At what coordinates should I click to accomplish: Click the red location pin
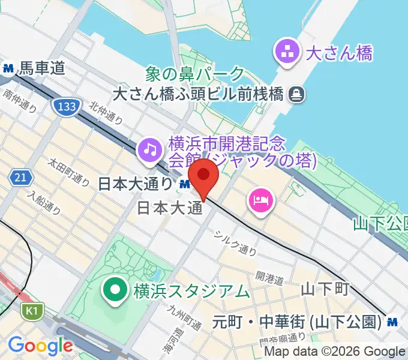(x=204, y=176)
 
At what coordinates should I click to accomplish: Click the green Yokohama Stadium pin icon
(x=114, y=290)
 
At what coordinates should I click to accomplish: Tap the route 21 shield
(x=19, y=177)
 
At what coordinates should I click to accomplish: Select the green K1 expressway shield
(x=30, y=311)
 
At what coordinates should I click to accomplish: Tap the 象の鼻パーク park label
(x=196, y=74)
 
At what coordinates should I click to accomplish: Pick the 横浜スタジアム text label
(x=191, y=292)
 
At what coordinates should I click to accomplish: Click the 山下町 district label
(x=325, y=290)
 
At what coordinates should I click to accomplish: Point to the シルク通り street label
(x=237, y=242)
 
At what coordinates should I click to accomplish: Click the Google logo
(x=40, y=346)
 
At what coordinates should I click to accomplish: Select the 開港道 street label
(x=269, y=277)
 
